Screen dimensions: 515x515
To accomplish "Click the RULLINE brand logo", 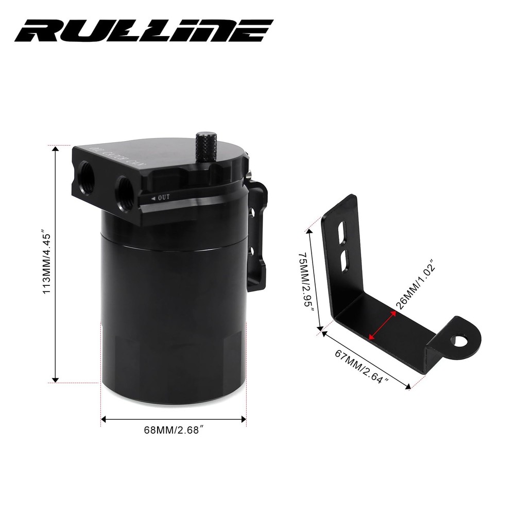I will pyautogui.click(x=144, y=32).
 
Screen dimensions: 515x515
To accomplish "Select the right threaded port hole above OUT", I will pyautogui.click(x=125, y=186).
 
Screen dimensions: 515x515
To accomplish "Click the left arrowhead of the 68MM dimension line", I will pyautogui.click(x=104, y=419).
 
